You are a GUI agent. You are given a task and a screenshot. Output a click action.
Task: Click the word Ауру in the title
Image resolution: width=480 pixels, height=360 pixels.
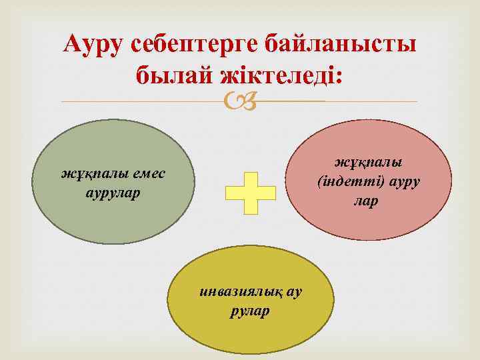point(95,45)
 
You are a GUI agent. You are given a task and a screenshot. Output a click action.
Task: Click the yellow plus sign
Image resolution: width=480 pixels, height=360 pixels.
point(251,190)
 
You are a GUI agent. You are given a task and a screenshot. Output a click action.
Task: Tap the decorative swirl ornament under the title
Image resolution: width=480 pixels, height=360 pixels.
point(239,101)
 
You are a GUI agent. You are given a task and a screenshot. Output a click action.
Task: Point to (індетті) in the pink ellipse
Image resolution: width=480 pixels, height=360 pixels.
point(347,182)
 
